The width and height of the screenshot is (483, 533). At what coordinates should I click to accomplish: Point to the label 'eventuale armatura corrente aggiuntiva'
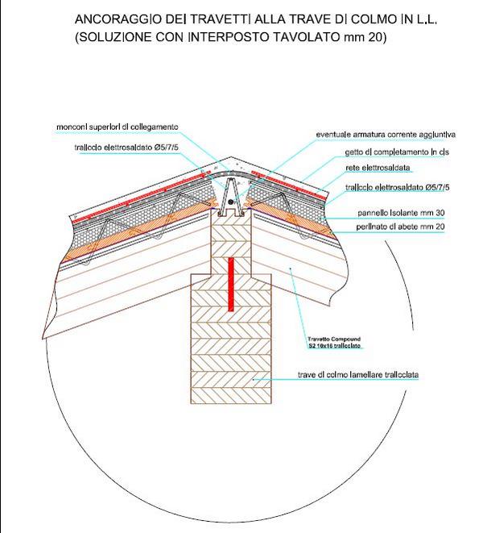tap(386, 134)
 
